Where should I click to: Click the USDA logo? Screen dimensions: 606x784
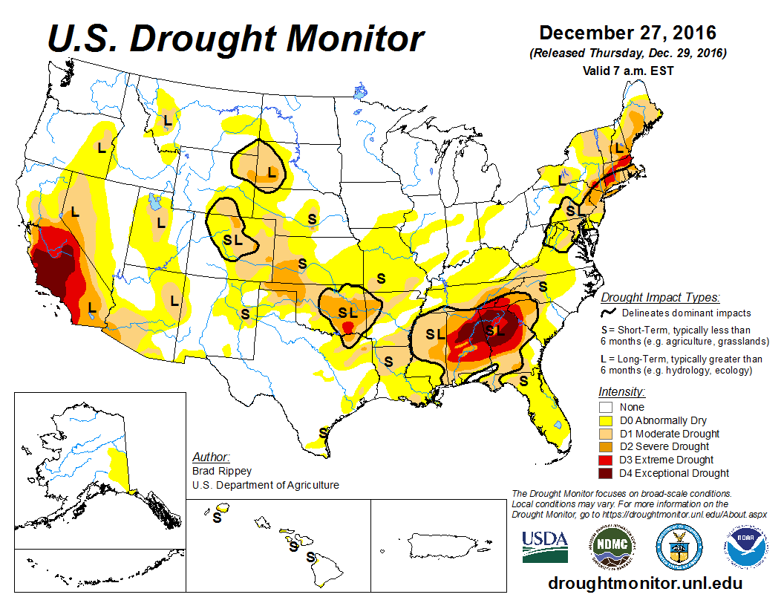click(545, 546)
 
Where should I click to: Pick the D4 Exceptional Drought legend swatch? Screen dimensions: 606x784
click(606, 473)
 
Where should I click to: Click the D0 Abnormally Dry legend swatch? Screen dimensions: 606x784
click(606, 420)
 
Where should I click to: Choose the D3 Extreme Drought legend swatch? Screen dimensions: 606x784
click(606, 460)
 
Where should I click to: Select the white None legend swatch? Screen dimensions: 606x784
click(606, 407)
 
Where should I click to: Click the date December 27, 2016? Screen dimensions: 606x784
click(627, 33)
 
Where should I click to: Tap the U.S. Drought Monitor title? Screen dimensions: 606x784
click(236, 39)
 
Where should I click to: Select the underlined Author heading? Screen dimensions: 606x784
click(211, 457)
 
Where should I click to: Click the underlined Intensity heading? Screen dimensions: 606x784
click(621, 391)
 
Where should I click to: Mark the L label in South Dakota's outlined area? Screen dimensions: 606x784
click(272, 172)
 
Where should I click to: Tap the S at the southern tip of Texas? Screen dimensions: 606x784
click(324, 431)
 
